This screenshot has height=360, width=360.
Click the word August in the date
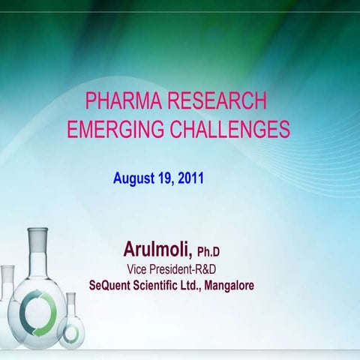pyautogui.click(x=136, y=179)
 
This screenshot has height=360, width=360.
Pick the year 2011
pyautogui.click(x=192, y=179)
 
